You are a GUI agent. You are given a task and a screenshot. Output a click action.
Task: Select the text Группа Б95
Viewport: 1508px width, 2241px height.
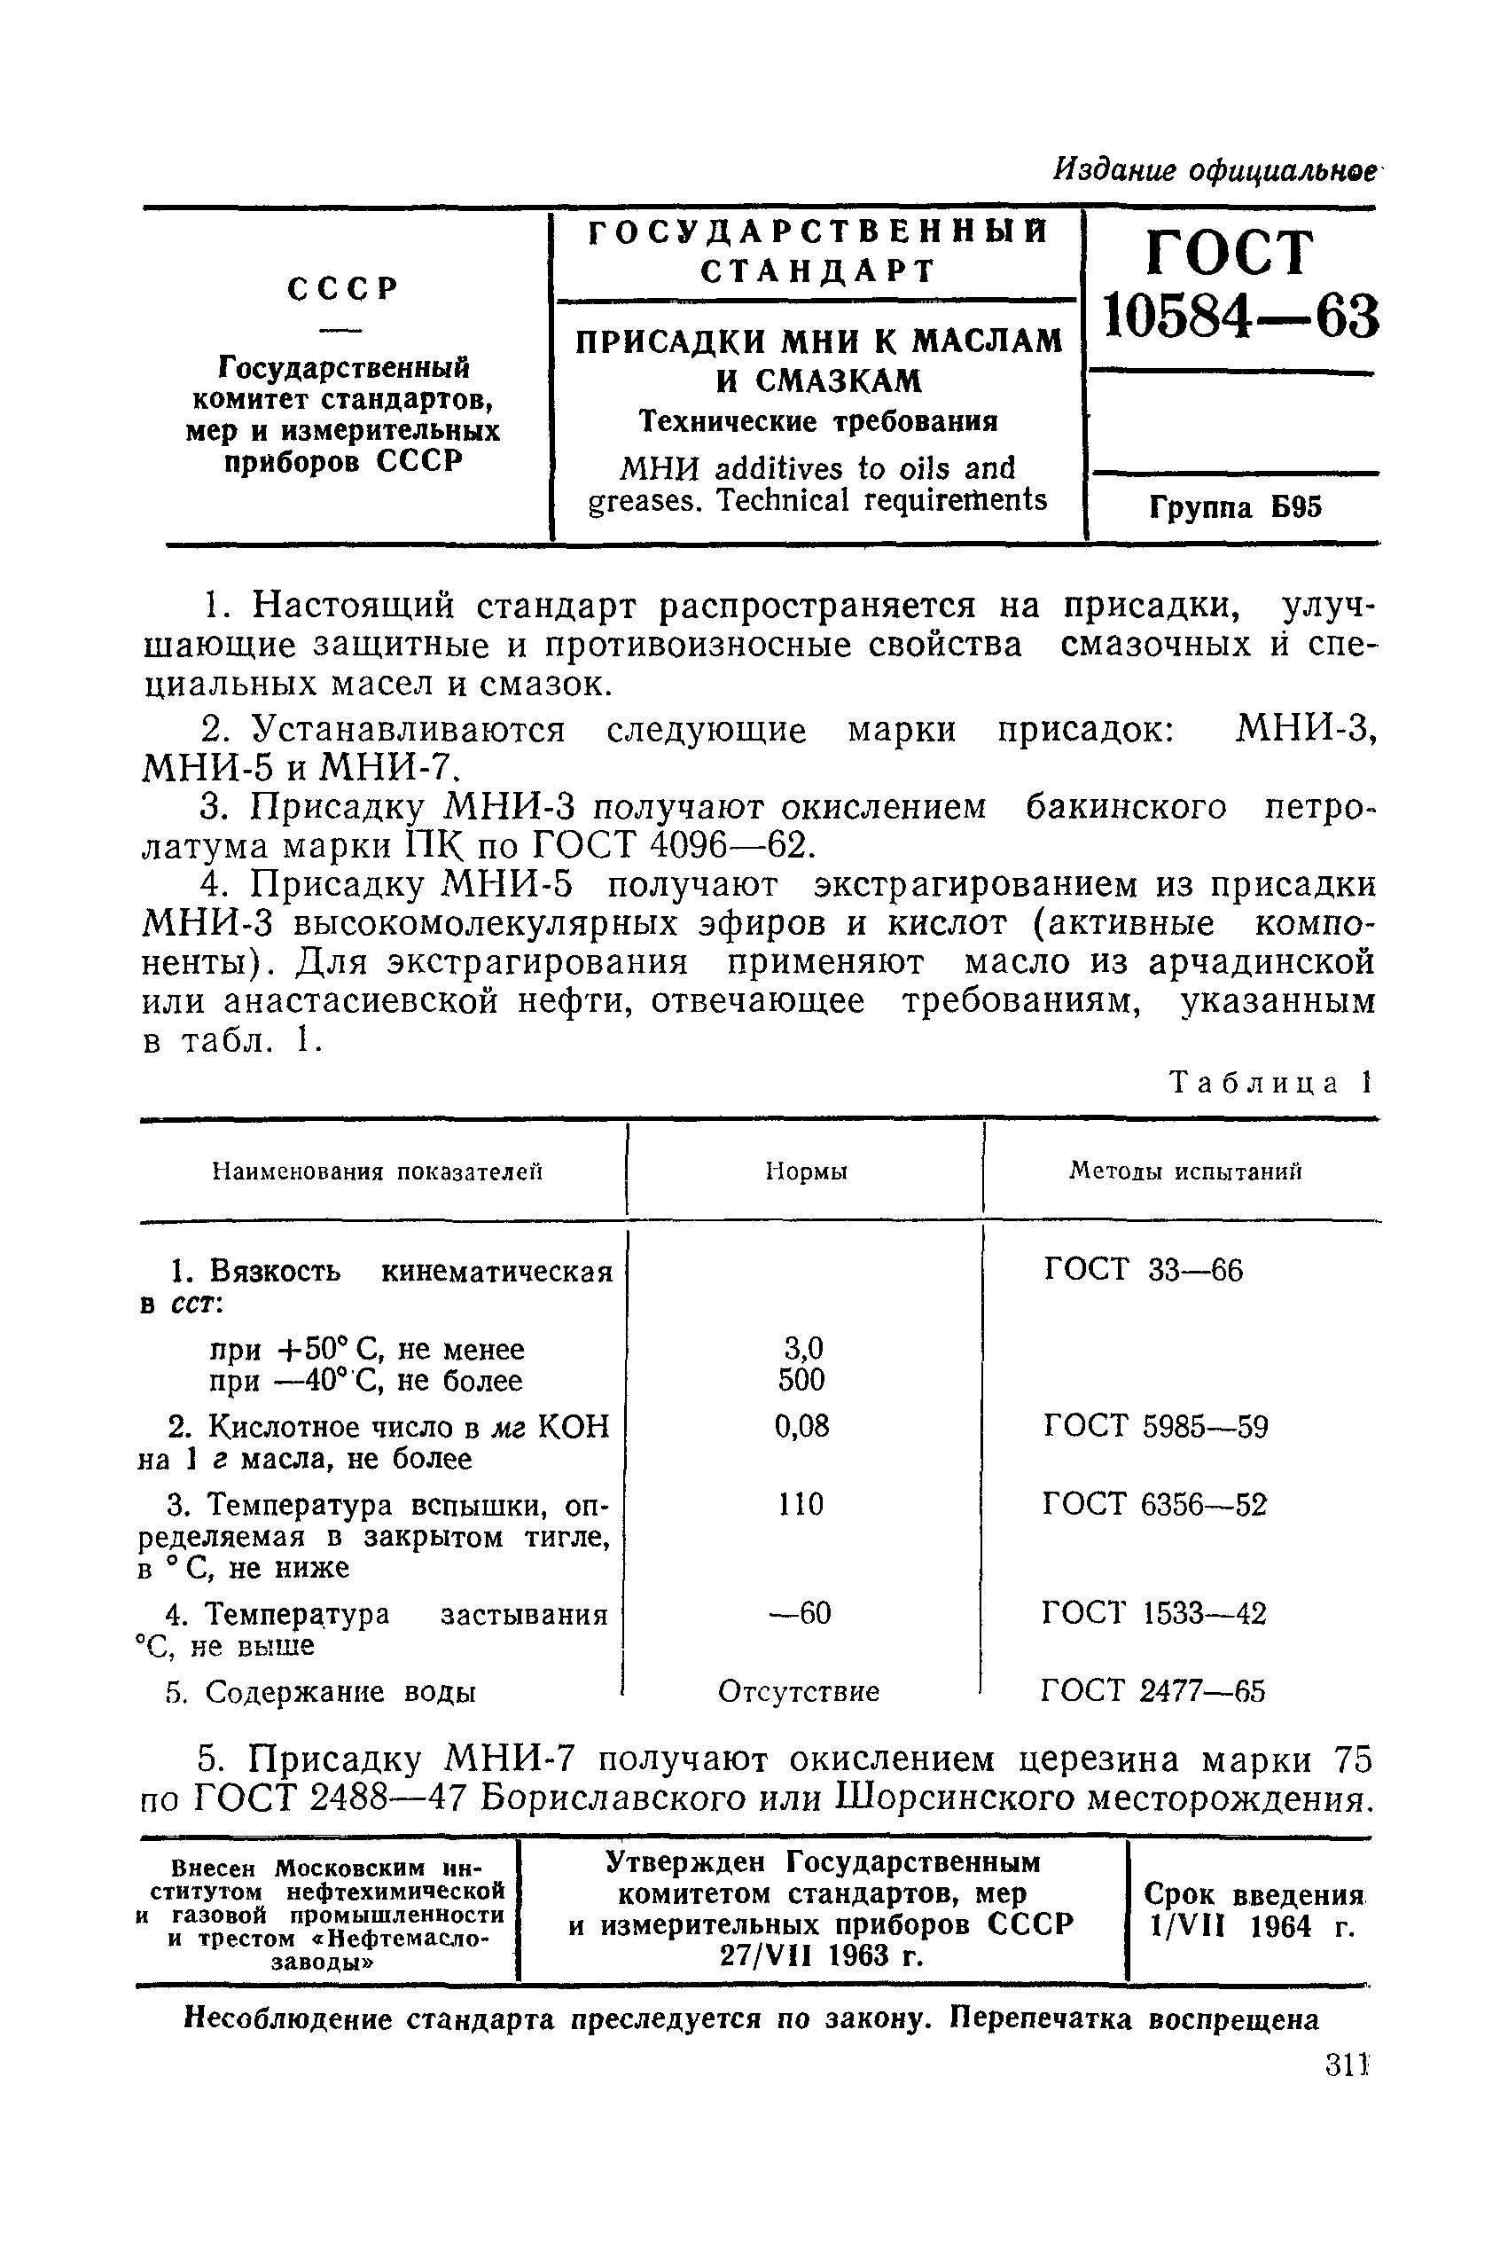(x=1235, y=507)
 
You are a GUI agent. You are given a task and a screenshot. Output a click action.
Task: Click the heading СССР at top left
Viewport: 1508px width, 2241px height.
(x=342, y=288)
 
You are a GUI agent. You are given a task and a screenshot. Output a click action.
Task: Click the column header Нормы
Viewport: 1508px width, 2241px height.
(x=806, y=1171)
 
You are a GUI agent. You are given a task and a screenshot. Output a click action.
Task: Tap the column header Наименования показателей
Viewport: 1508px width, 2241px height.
(x=377, y=1171)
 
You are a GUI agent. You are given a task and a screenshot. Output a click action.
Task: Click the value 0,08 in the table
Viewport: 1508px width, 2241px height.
(x=801, y=1426)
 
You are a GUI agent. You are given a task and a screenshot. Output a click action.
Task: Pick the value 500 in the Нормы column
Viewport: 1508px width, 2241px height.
(x=801, y=1380)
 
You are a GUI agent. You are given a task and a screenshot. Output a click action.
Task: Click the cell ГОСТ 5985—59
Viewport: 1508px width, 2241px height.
(x=1155, y=1426)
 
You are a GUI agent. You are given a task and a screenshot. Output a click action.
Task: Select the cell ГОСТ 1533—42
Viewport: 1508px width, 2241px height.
(x=1154, y=1613)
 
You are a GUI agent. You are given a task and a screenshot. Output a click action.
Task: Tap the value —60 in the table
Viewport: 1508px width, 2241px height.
(x=801, y=1613)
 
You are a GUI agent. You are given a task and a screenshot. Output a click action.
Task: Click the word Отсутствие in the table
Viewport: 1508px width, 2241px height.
(x=798, y=1692)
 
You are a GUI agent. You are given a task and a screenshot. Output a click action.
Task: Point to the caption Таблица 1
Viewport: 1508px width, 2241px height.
(x=1270, y=1083)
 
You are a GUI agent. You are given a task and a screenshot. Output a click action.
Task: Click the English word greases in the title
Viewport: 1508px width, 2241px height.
(x=632, y=501)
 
